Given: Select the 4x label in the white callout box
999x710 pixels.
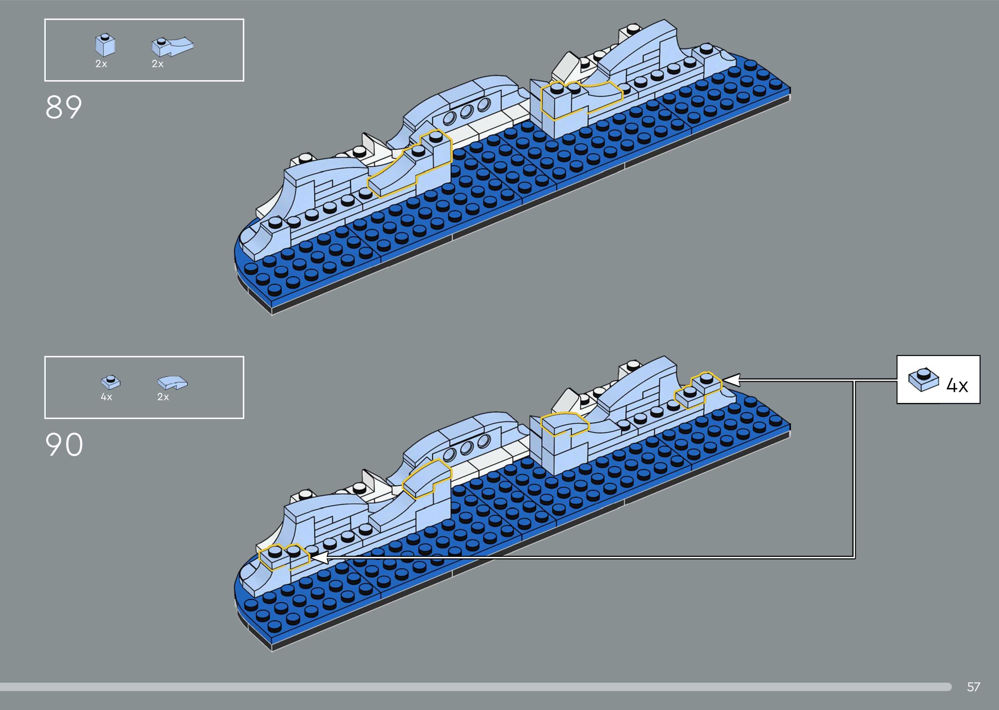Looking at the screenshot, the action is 957,385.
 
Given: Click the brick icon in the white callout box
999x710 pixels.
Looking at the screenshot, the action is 923,380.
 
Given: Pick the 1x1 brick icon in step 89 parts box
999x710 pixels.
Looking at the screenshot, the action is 105,45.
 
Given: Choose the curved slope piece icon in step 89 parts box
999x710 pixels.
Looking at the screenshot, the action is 172,46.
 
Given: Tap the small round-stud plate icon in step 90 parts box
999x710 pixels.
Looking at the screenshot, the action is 111,382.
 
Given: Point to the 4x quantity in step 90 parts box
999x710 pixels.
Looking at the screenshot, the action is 106,397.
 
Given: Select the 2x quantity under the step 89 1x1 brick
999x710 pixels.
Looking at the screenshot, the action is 101,64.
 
